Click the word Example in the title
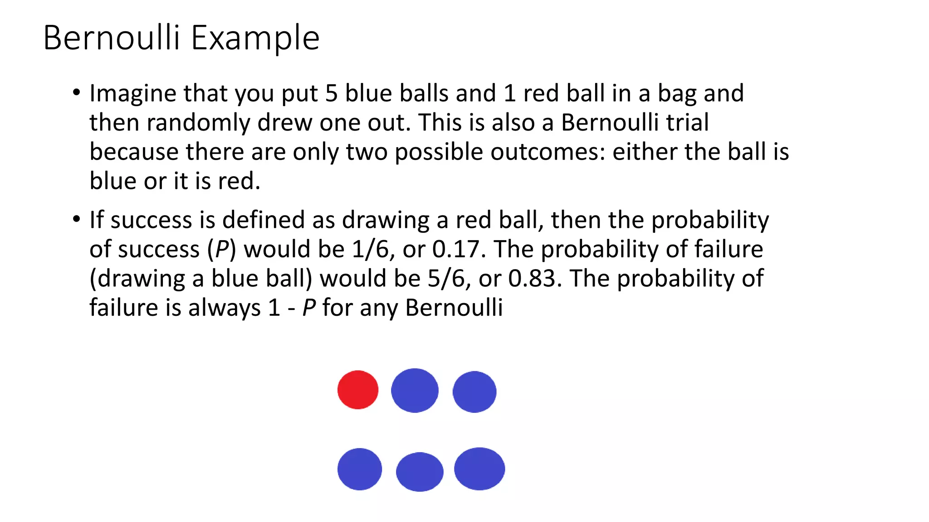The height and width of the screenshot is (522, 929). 255,38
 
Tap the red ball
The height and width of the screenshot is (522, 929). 358,390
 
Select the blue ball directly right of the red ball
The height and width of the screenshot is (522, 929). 415,390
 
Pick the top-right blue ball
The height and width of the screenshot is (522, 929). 474,391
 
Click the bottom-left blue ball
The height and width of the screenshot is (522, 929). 360,469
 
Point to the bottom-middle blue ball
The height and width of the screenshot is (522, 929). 420,472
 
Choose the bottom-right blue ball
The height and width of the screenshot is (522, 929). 479,469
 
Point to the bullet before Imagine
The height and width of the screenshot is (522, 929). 76,93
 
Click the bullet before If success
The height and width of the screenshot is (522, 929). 76,219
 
